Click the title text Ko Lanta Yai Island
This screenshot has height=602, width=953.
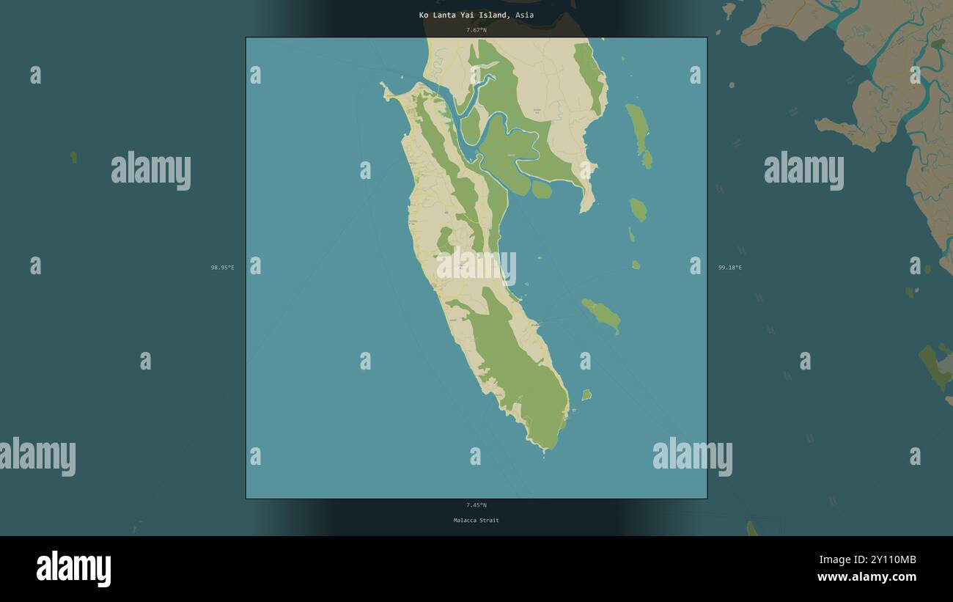point(462,15)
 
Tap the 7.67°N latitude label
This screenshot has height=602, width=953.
point(476,30)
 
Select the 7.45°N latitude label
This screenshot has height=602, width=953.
point(476,505)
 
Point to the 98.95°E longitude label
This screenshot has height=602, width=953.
point(223,268)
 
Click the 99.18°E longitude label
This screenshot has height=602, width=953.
point(730,268)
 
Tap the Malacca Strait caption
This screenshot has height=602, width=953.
point(476,521)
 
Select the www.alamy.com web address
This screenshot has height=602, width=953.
point(866,577)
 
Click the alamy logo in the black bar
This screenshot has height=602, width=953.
point(74,569)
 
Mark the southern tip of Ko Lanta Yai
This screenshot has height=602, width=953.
point(544,449)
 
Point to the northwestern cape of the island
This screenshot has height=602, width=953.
point(383,87)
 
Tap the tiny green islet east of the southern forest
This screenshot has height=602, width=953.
point(586,395)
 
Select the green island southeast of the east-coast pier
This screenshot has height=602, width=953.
point(602,315)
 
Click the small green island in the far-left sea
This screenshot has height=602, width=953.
point(73,156)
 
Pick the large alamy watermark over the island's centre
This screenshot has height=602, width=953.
point(476,268)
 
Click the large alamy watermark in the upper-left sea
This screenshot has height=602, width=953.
point(151,171)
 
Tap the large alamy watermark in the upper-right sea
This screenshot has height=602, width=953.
point(803,171)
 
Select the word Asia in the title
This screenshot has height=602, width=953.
point(524,15)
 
